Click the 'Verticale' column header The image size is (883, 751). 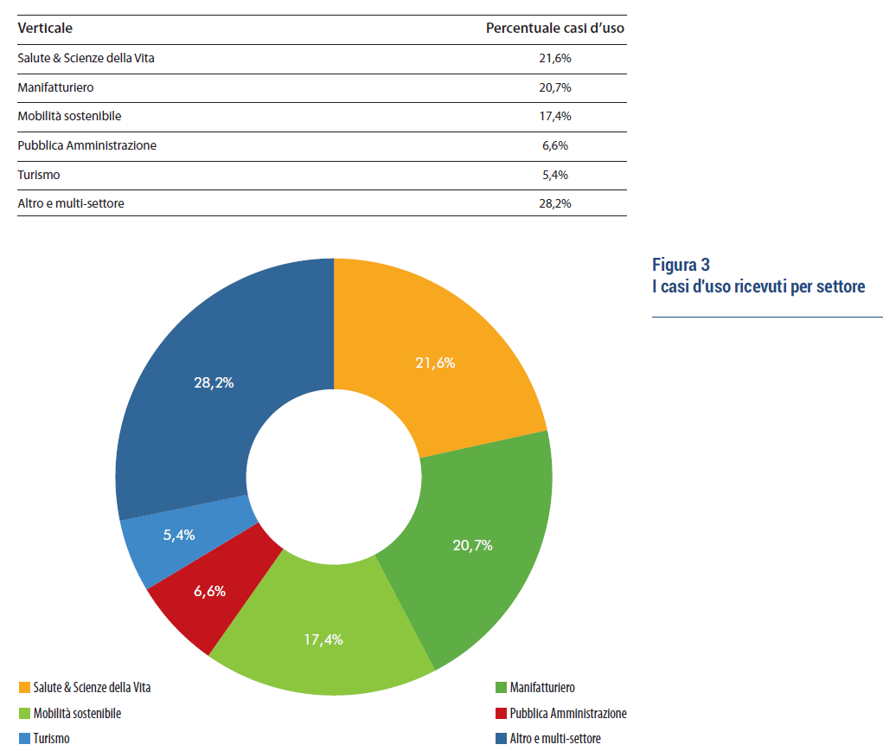(x=45, y=29)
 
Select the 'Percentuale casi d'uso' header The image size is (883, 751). (x=554, y=29)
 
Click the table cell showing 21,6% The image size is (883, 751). (x=554, y=58)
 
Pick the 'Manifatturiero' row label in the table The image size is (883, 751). (x=55, y=87)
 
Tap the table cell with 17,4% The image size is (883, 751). (x=554, y=116)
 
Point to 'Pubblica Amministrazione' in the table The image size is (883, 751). (x=86, y=145)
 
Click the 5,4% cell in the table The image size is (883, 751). (x=554, y=175)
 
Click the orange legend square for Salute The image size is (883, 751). (x=24, y=688)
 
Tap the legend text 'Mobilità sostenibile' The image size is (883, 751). (x=77, y=714)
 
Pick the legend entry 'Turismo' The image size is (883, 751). (x=51, y=739)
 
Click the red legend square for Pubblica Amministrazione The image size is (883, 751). (x=501, y=714)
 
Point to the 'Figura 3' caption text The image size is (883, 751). (x=681, y=265)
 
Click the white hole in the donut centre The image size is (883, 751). (x=334, y=476)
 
